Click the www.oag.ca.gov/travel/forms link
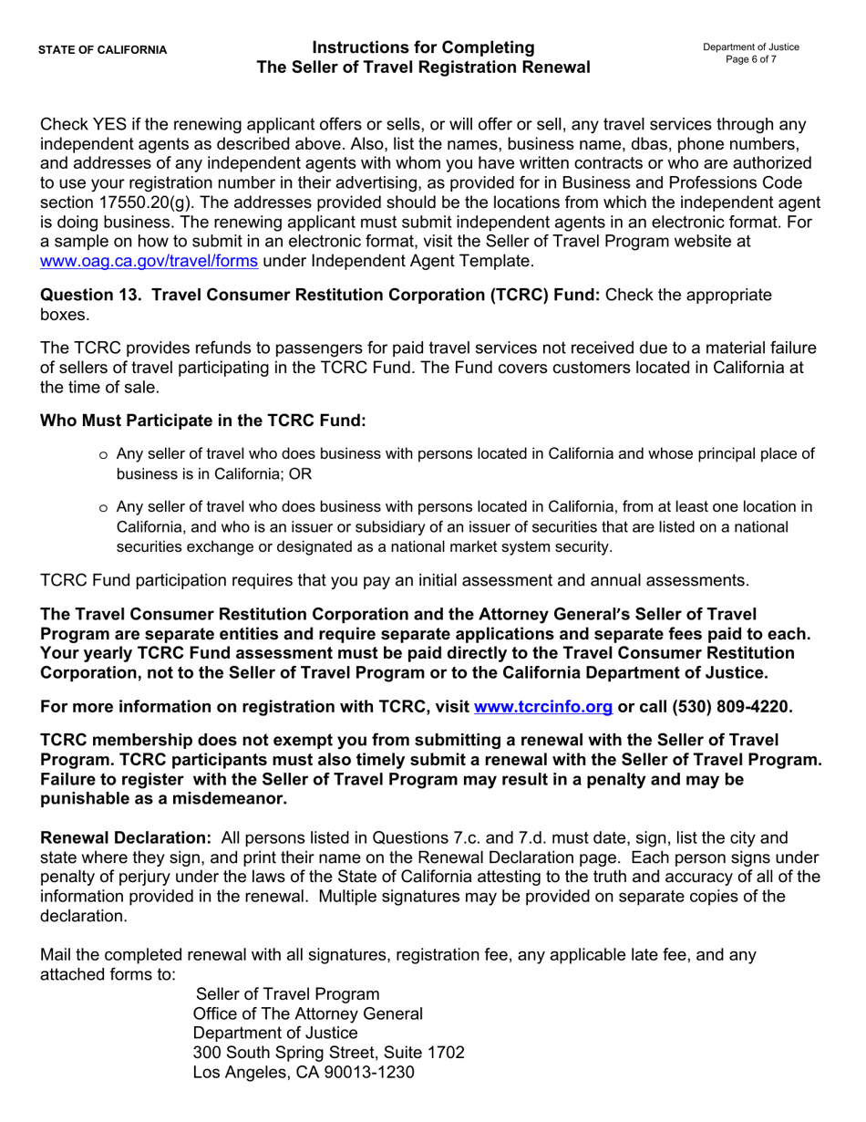tap(149, 262)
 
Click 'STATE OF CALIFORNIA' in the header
tap(102, 50)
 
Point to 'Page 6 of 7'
tap(751, 59)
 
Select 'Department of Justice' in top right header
tap(751, 47)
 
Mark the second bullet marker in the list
tap(103, 508)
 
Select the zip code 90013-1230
tap(366, 1073)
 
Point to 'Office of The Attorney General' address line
tap(308, 1013)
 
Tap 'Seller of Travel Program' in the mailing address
tap(288, 993)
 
